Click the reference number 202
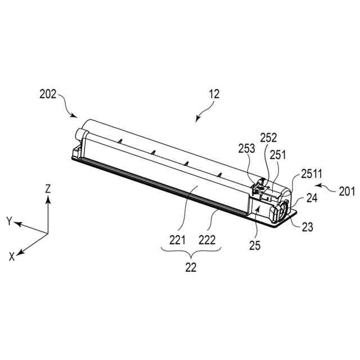pos(48,94)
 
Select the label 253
pos(247,148)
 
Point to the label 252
pos(268,138)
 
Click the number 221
pos(177,239)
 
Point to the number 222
pos(208,239)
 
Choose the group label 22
pos(191,268)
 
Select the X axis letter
pos(11,256)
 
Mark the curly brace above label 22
pos(191,253)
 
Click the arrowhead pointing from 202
pos(75,116)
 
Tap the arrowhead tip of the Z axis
pos(48,197)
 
